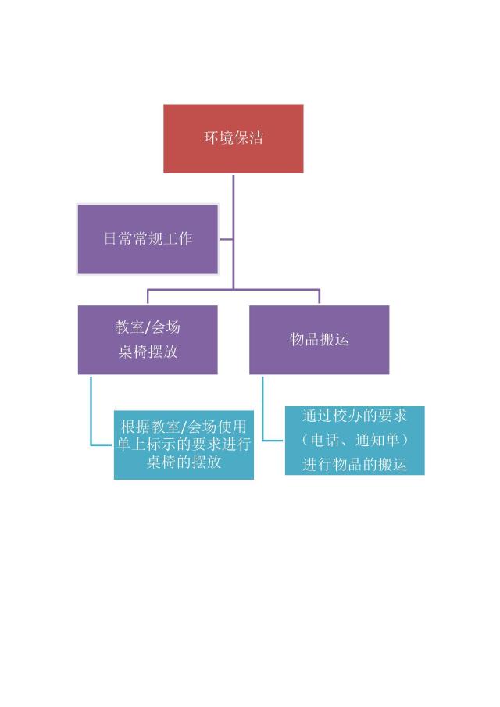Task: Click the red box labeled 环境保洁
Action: point(233,138)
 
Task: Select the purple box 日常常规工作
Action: point(148,239)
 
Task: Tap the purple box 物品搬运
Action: point(319,339)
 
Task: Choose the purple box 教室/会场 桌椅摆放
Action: point(148,339)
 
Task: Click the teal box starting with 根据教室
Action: point(184,445)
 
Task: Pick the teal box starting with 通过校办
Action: point(354,440)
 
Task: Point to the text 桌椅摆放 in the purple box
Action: point(148,352)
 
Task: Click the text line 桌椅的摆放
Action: point(184,462)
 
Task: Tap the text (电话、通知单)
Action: point(355,440)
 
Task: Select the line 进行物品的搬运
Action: point(355,464)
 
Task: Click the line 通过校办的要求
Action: point(355,416)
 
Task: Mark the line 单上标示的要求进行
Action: point(184,445)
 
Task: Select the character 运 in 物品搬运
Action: point(341,339)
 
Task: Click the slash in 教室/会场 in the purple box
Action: point(148,327)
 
